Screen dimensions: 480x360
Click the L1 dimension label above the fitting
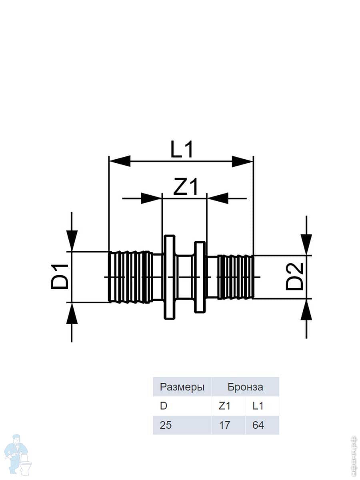point(182,150)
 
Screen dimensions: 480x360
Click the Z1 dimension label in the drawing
point(185,187)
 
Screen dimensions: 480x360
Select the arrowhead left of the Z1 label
point(151,198)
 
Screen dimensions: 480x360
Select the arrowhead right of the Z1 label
point(218,198)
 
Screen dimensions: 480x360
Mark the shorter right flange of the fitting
point(200,277)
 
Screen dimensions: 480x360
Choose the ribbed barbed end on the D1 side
point(130,277)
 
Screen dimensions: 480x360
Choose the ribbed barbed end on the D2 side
point(235,277)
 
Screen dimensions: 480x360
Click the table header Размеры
point(182,387)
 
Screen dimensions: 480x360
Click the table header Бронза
point(245,387)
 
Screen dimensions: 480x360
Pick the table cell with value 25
point(166,425)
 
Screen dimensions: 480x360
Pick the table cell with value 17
point(225,425)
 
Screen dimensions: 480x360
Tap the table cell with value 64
point(258,425)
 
